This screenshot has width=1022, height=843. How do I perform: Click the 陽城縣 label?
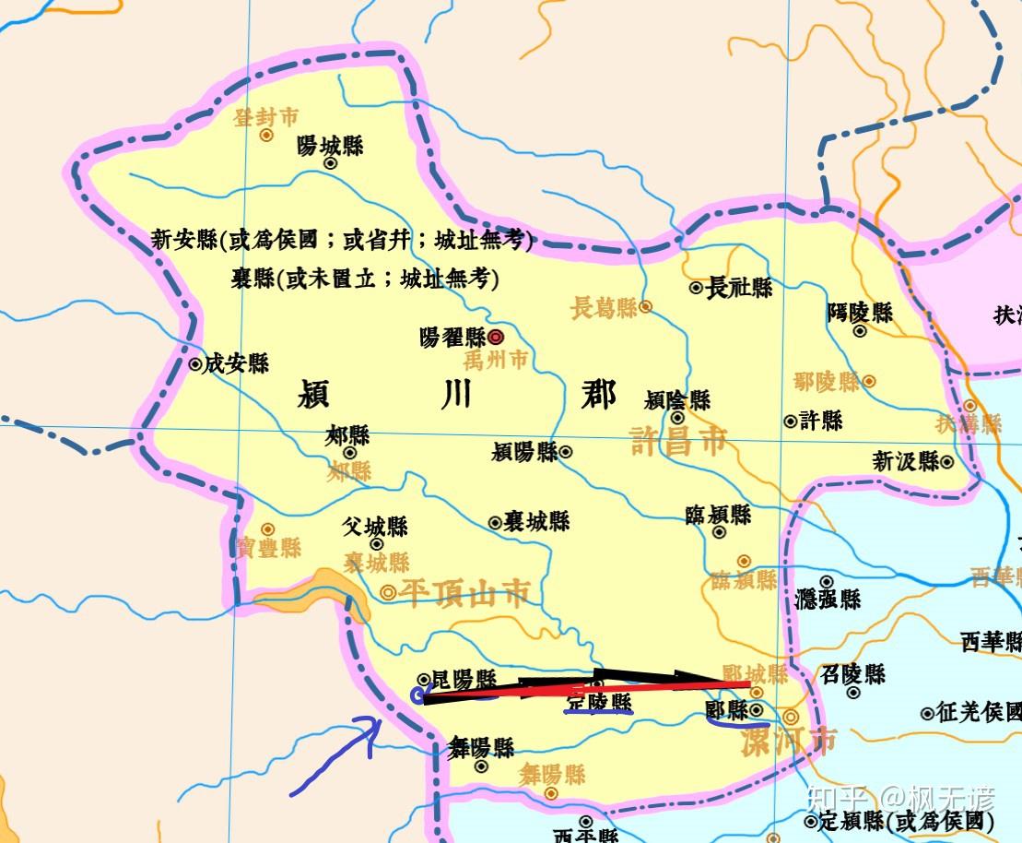click(330, 146)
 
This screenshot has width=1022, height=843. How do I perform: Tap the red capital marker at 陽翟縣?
click(496, 338)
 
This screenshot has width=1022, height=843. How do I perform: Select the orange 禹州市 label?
click(496, 360)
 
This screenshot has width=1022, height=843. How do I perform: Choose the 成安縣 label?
click(236, 363)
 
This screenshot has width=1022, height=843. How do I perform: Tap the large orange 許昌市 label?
click(679, 440)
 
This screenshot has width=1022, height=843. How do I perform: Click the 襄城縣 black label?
click(536, 521)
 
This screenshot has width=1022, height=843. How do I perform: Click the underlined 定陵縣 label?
click(599, 703)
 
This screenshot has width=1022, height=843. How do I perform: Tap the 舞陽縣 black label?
click(481, 746)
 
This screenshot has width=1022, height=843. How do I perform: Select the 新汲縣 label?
click(906, 460)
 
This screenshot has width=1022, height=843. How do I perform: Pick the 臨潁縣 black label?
click(719, 515)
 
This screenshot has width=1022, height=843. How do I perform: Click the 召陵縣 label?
click(853, 673)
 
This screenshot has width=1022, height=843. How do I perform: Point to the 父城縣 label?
click(375, 527)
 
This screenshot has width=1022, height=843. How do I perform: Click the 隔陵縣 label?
click(860, 312)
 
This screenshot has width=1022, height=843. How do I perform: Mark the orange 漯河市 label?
click(789, 741)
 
